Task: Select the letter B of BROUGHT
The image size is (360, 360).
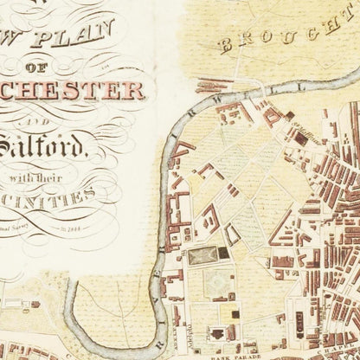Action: pyautogui.click(x=226, y=44)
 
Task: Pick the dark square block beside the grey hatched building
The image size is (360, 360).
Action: pyautogui.click(x=224, y=254)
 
